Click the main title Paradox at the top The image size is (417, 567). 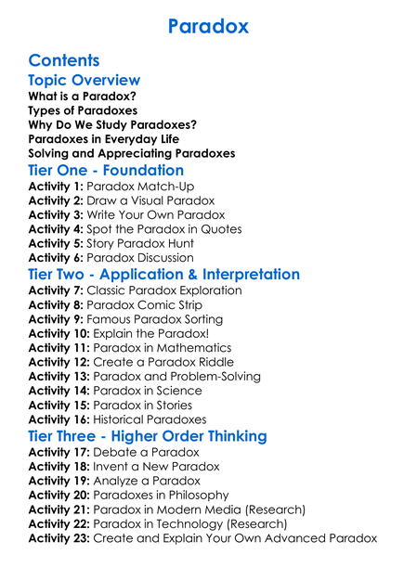208,26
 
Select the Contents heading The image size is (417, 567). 64,61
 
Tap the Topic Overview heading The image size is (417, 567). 85,81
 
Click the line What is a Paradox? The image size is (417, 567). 83,97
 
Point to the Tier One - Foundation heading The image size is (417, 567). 106,171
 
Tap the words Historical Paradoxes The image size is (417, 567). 162,419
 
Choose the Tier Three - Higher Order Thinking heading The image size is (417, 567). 148,436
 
